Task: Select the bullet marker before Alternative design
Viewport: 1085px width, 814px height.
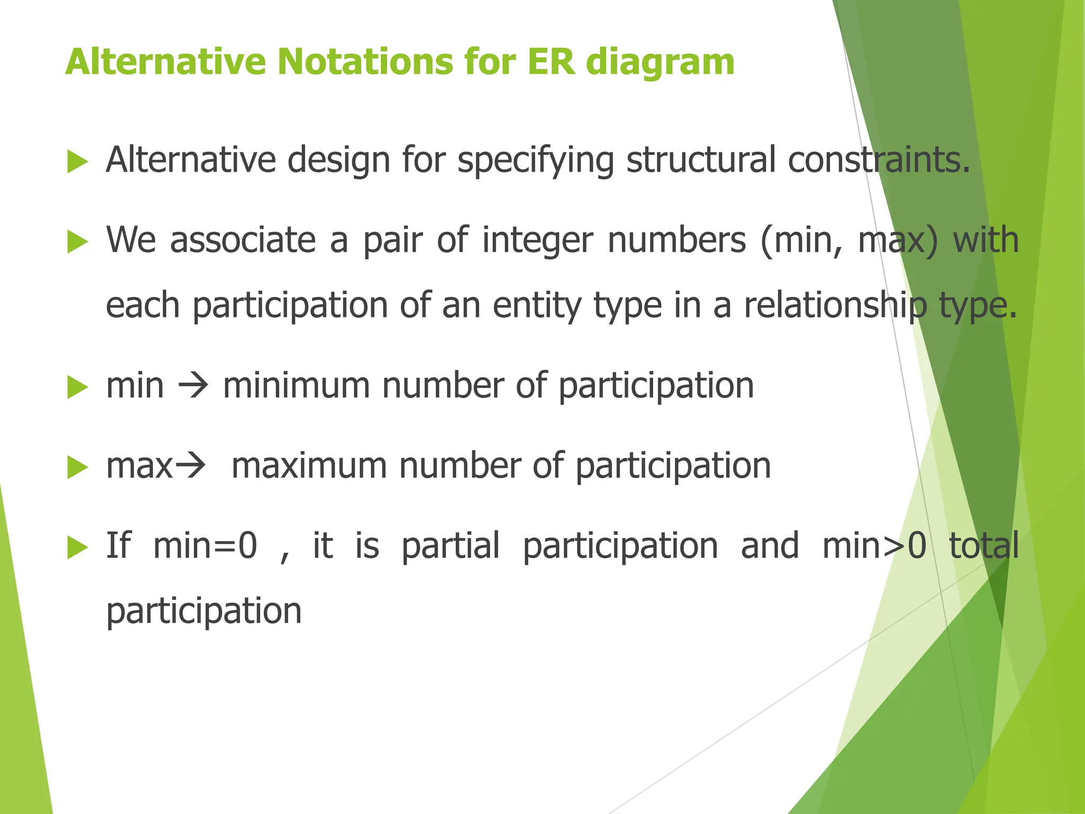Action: tap(77, 161)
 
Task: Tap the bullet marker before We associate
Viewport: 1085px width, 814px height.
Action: tap(77, 242)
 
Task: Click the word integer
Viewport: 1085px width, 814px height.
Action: tap(538, 241)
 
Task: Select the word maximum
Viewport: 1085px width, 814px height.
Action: tap(309, 466)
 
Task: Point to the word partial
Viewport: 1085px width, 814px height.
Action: tap(450, 546)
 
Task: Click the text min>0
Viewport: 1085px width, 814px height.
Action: tap(874, 545)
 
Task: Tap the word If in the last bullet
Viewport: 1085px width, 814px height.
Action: tap(118, 545)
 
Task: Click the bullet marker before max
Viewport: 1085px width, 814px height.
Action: tap(77, 468)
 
